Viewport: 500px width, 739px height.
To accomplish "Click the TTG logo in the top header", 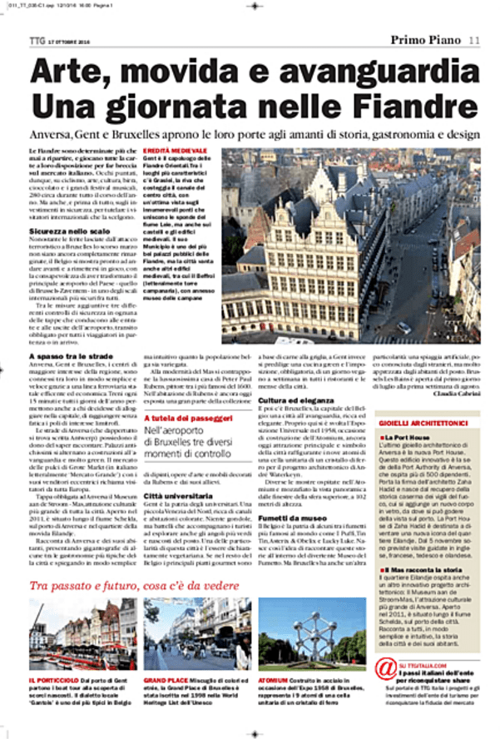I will [37, 38].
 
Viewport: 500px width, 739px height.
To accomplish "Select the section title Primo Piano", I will [425, 38].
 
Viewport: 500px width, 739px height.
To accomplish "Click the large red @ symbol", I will [385, 667].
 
